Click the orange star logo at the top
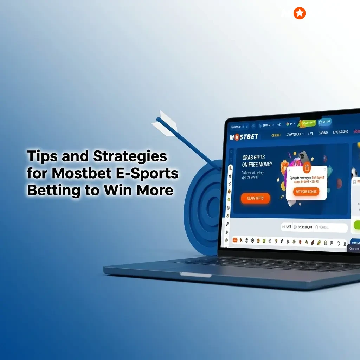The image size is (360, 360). (x=300, y=13)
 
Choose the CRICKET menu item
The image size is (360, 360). (x=276, y=135)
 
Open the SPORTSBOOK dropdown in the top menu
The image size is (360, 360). (x=295, y=134)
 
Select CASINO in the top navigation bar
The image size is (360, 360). (x=323, y=133)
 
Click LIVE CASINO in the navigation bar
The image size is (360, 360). (x=340, y=132)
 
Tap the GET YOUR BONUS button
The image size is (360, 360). (x=306, y=192)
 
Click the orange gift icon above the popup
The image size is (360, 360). (x=307, y=168)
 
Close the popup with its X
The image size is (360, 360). (x=289, y=170)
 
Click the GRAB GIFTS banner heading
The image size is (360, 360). (x=253, y=161)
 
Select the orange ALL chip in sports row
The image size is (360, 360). (x=235, y=240)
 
